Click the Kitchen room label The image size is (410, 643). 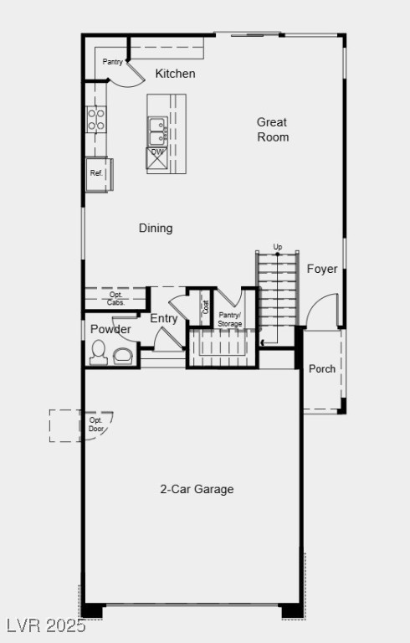point(176,74)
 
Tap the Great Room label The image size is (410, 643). point(273,130)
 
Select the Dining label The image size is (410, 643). point(156,228)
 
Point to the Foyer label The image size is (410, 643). point(322,269)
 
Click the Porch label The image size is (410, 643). point(322,368)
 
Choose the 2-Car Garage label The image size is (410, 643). point(197,489)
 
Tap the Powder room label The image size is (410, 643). point(110,329)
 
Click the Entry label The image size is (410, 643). point(164,318)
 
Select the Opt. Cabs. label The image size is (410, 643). point(115,298)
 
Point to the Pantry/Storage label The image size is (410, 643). point(230,319)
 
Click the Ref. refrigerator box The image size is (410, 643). point(97,173)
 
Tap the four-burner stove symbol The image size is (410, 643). point(96,119)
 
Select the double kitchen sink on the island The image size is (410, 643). point(157,131)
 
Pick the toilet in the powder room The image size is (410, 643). point(98,352)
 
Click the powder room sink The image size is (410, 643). point(122,356)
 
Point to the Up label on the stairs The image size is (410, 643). point(278,246)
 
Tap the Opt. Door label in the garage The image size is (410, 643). point(97,424)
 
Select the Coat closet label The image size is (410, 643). point(206,307)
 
